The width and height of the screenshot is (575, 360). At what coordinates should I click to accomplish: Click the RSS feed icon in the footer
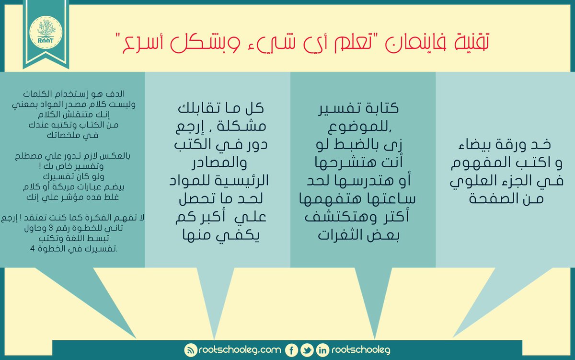[191, 350]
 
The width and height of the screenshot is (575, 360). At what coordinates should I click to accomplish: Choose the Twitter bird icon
[307, 350]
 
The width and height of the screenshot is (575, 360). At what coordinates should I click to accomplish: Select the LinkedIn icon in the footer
[322, 350]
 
